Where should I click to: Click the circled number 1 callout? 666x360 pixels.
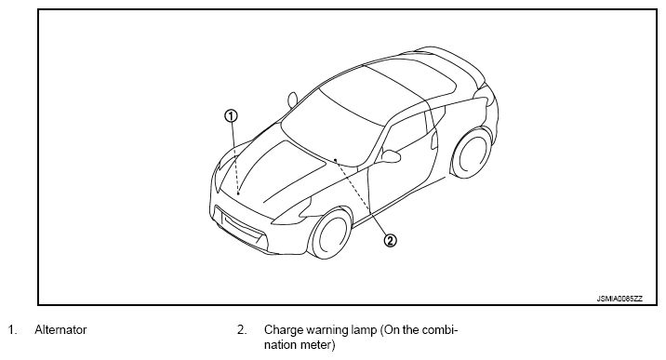click(x=231, y=116)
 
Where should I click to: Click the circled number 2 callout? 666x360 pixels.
click(x=391, y=241)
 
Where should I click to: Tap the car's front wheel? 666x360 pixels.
click(x=330, y=233)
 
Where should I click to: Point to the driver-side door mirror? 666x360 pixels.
click(x=391, y=155)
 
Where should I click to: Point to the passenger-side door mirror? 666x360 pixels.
click(x=292, y=100)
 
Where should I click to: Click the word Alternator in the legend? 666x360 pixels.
click(x=60, y=330)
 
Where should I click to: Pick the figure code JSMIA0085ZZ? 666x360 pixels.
click(x=619, y=299)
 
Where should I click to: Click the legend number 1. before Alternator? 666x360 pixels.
click(x=12, y=330)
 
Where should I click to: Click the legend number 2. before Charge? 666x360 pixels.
click(x=242, y=330)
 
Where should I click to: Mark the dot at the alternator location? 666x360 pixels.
click(x=239, y=193)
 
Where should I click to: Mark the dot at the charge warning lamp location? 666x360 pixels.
click(x=335, y=160)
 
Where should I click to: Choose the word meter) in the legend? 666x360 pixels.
click(x=318, y=345)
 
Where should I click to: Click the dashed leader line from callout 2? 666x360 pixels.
click(x=361, y=197)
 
